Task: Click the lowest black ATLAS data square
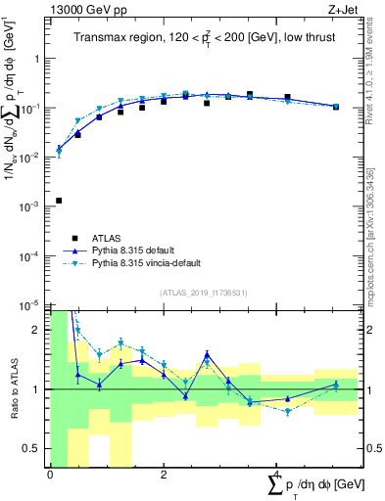tap(59, 201)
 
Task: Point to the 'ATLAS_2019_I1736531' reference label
tap(203, 292)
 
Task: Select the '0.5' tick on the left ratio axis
tap(32, 449)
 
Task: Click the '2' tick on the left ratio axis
tap(37, 330)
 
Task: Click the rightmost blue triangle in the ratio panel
tap(335, 385)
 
